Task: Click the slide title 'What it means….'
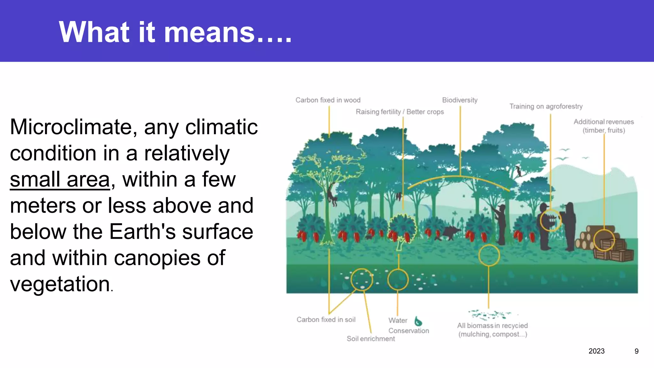coord(175,32)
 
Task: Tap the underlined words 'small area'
coord(60,180)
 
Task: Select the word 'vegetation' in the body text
coord(60,284)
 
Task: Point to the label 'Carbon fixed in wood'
coord(328,100)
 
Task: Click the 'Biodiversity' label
coord(460,100)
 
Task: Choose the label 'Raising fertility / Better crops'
coord(399,112)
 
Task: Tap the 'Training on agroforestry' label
coord(546,106)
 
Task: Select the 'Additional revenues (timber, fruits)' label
coord(604,126)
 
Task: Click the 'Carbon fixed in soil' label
coord(326,319)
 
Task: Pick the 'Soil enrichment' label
coord(371,339)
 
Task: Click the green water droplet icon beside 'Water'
coord(418,321)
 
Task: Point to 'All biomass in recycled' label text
coord(492,326)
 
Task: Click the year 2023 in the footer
coord(596,351)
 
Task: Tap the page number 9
coord(636,351)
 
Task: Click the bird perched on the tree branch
coord(519,171)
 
